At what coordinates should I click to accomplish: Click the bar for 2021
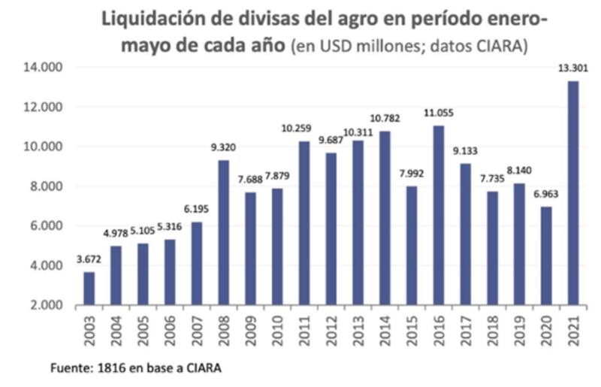click(x=573, y=192)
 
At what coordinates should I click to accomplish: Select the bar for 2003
click(x=89, y=288)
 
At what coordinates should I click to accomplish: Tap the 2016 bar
click(x=439, y=215)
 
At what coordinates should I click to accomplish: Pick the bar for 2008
click(x=224, y=232)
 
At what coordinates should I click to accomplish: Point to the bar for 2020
click(x=546, y=255)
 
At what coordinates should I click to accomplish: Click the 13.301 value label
click(x=572, y=69)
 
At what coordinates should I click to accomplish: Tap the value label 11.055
click(x=439, y=113)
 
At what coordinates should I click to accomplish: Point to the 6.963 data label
click(x=546, y=195)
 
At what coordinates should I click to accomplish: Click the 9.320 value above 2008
click(x=224, y=148)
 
